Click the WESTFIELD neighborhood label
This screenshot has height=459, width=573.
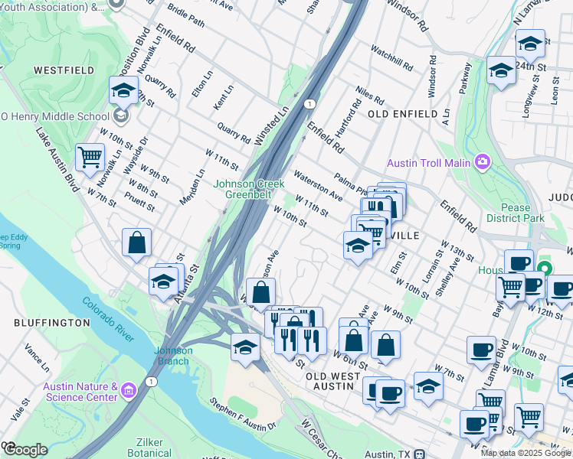[x=64, y=70]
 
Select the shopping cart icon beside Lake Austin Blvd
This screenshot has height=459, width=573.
[x=90, y=158]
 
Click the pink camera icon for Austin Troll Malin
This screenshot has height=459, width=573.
[x=482, y=162]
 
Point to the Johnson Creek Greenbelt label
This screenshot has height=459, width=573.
[x=249, y=189]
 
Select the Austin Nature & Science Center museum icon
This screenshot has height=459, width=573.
[x=128, y=391]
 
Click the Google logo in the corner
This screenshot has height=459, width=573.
[x=25, y=449]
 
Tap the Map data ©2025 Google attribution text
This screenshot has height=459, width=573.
[x=526, y=453]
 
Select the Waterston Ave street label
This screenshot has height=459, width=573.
[x=317, y=184]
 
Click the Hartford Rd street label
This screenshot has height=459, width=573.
[x=356, y=115]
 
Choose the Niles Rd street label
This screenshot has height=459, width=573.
[x=369, y=96]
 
